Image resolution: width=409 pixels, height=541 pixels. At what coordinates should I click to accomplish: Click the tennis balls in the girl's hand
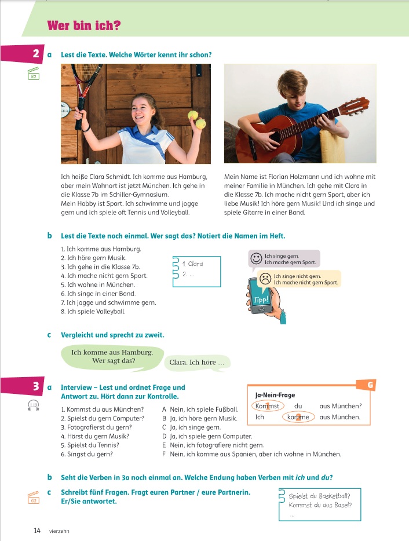(197, 120)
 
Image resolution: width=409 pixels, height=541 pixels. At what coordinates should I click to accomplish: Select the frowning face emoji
(265, 278)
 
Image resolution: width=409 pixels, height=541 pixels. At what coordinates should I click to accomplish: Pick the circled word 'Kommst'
(268, 406)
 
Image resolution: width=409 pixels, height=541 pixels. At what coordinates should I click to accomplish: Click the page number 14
(37, 530)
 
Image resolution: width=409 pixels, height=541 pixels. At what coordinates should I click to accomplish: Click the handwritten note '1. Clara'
(192, 264)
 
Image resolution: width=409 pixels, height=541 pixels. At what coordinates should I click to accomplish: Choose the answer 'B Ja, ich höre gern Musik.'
(199, 418)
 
